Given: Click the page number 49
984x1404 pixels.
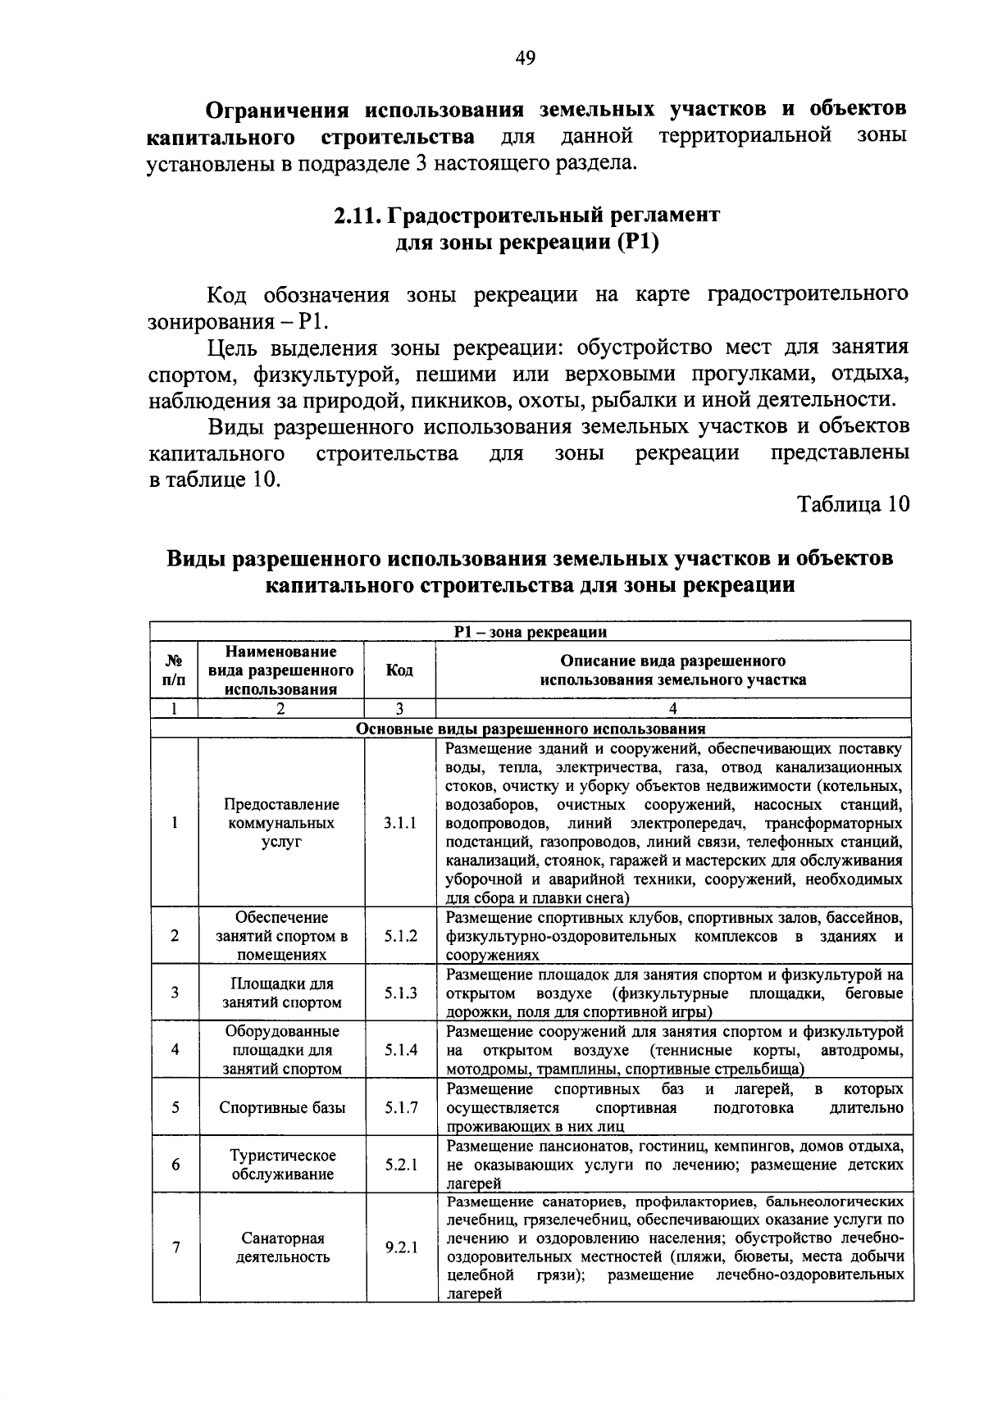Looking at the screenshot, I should click(525, 57).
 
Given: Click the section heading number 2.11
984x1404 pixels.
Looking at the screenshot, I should click(356, 216).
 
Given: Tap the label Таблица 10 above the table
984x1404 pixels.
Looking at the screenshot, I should click(854, 504).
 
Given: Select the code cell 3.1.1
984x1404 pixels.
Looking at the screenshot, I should click(400, 823).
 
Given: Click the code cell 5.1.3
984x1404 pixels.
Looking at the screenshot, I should click(400, 993).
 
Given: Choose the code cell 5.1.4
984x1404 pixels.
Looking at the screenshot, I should click(400, 1050).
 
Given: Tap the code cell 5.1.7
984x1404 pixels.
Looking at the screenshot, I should click(400, 1107).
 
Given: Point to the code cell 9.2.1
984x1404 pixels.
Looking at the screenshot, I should click(400, 1248).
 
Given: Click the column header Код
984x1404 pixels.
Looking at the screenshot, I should click(399, 670).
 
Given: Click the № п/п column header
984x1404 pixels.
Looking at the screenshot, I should click(175, 670).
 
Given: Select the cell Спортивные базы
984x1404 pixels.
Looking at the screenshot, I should click(282, 1107).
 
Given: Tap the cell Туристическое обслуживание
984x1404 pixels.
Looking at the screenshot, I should click(282, 1165).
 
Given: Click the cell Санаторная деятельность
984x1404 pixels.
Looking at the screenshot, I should click(282, 1248).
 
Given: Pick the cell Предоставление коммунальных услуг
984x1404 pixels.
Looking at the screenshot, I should click(282, 823).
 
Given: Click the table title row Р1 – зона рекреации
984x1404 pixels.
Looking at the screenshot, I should click(531, 632).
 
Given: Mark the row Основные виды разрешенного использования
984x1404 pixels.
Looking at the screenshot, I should click(531, 729).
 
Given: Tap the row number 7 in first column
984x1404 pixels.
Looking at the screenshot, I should click(175, 1248).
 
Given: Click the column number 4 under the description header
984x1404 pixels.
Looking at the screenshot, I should click(672, 709).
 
